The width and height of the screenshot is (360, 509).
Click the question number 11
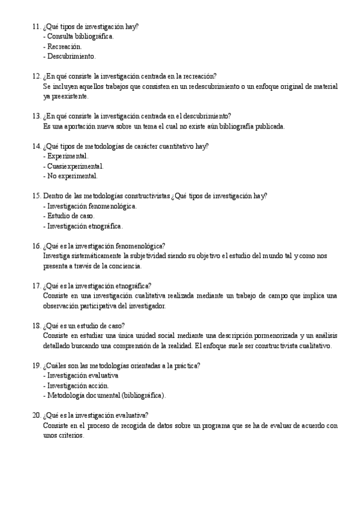tap(35, 26)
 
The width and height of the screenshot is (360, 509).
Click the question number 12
tap(35, 76)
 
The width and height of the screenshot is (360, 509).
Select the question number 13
tap(35, 116)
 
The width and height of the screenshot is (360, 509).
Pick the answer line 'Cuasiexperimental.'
tap(73, 166)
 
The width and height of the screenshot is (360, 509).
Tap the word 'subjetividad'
tap(159, 256)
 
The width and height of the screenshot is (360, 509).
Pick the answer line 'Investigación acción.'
tap(76, 385)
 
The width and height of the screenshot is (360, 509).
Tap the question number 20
tap(35, 415)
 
